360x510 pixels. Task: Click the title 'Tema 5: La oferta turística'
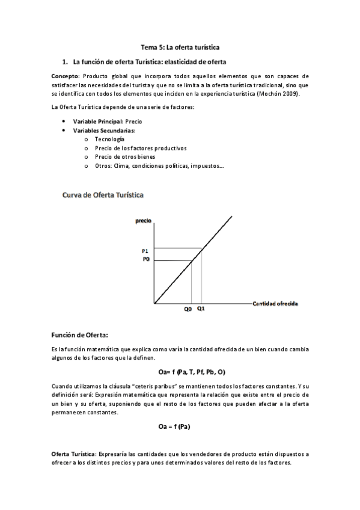[x=180, y=46]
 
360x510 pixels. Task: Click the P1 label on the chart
[x=145, y=250]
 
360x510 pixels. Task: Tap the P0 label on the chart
[x=145, y=259]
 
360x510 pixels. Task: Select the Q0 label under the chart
[x=188, y=309]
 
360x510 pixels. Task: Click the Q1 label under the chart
[x=201, y=309]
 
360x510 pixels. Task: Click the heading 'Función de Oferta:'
[x=80, y=334]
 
